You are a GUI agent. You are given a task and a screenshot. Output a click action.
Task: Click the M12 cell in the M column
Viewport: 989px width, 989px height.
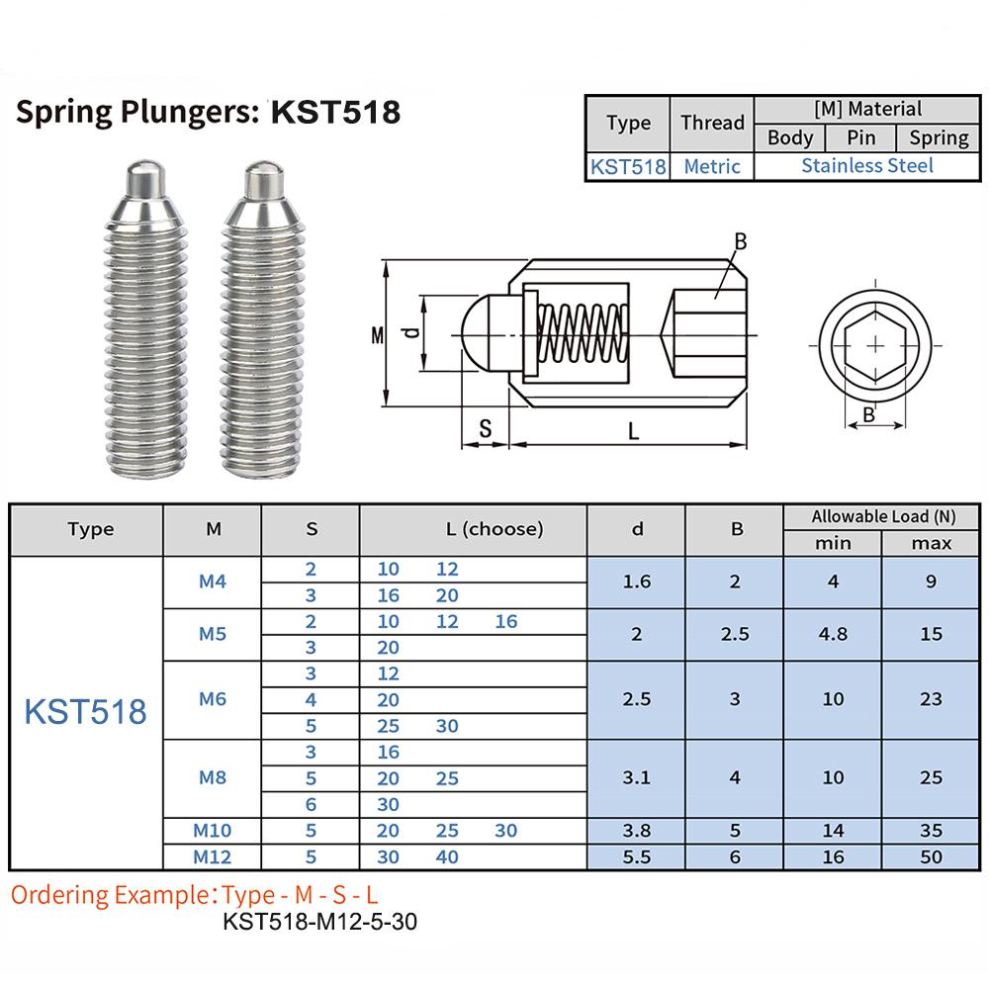pos(212,856)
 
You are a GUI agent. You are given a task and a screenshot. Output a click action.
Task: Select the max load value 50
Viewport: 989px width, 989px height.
pos(931,856)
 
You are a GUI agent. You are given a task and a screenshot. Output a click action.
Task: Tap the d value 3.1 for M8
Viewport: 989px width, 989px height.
pos(636,777)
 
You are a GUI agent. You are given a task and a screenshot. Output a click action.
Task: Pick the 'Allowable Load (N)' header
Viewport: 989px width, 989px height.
pos(883,516)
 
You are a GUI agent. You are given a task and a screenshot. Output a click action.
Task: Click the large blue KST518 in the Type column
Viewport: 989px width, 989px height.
pos(85,712)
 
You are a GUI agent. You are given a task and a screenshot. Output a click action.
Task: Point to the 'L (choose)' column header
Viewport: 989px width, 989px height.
pos(494,528)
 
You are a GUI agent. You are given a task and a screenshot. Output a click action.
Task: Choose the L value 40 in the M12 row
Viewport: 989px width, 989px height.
pos(447,856)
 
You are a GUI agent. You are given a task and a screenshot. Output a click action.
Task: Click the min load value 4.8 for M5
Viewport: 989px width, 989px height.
pos(833,634)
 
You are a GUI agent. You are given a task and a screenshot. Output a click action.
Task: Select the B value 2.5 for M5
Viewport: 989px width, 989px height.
pos(735,634)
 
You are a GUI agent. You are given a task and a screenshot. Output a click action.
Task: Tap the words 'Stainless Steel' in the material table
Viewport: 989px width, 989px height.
pos(867,166)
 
